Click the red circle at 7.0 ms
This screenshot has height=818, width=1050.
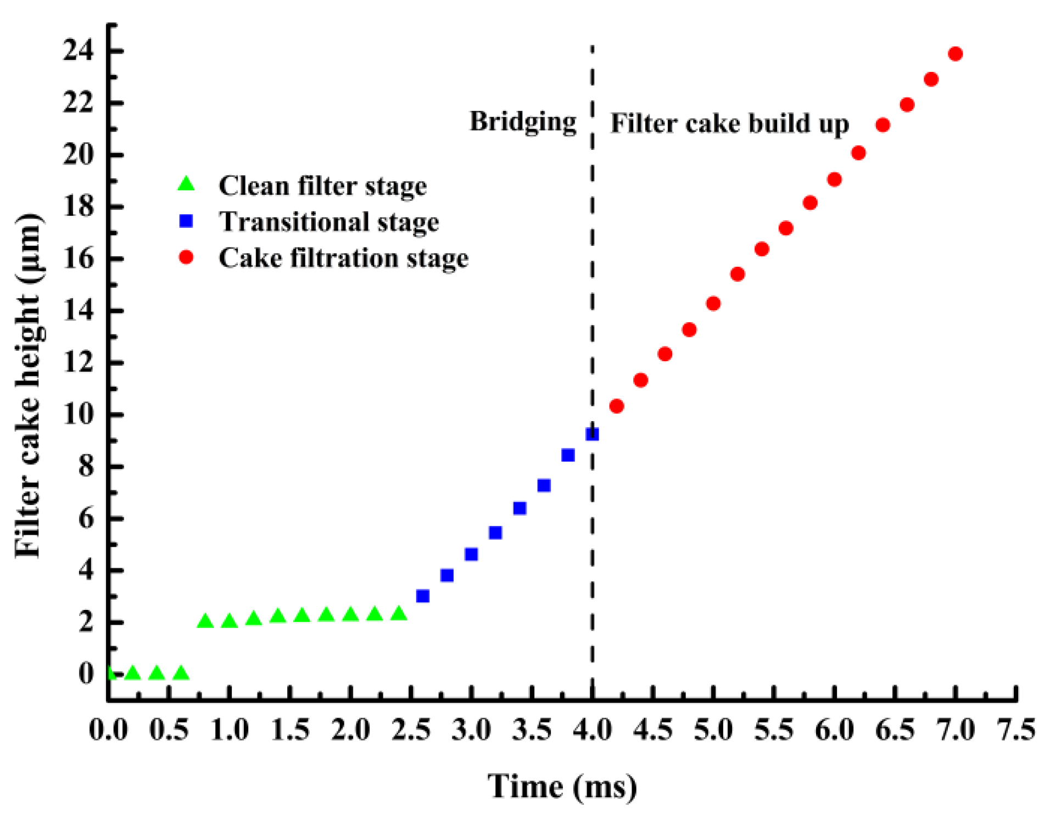pyautogui.click(x=955, y=54)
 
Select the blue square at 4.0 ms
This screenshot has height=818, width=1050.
pyautogui.click(x=592, y=434)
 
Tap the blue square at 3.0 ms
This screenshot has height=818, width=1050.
pyautogui.click(x=471, y=554)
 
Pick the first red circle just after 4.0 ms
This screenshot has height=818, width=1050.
pyautogui.click(x=616, y=406)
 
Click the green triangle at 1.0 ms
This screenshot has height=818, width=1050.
pyautogui.click(x=229, y=621)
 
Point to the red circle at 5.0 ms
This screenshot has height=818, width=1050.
pyautogui.click(x=713, y=304)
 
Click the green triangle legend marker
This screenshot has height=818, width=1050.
pyautogui.click(x=187, y=184)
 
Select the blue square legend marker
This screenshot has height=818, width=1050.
pyautogui.click(x=187, y=221)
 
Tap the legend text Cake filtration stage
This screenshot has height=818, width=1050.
pyautogui.click(x=343, y=258)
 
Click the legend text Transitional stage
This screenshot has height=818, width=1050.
pyautogui.click(x=328, y=222)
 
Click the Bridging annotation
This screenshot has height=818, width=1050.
pyautogui.click(x=522, y=121)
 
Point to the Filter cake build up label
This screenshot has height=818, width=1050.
pyautogui.click(x=729, y=124)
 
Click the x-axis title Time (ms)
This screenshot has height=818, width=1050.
pyautogui.click(x=562, y=787)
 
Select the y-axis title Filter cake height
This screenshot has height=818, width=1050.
pyautogui.click(x=29, y=384)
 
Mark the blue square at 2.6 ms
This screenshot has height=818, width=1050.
pyautogui.click(x=422, y=596)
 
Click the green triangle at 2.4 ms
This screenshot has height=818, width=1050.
pyautogui.click(x=399, y=614)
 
